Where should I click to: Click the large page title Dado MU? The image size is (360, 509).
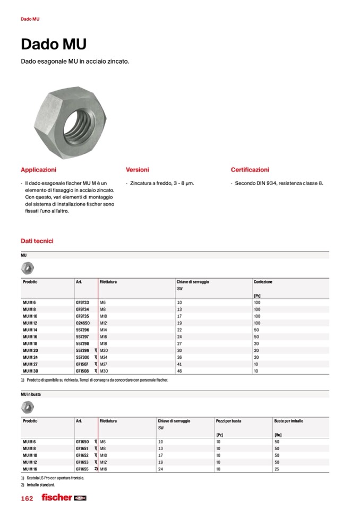(53, 44)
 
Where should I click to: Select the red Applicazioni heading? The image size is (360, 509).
(38, 170)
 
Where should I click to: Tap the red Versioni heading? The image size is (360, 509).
(137, 170)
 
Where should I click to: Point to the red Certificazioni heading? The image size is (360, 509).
(250, 170)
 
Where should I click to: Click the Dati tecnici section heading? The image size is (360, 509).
(37, 241)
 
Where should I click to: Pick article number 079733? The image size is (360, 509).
(82, 302)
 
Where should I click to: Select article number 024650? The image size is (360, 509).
(82, 323)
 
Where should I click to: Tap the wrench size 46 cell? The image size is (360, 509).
(179, 371)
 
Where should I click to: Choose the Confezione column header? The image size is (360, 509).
(263, 282)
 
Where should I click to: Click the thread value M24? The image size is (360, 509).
(104, 357)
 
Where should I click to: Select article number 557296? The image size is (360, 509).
(82, 330)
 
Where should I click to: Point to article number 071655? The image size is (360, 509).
(82, 469)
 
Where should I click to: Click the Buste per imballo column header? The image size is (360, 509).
(288, 421)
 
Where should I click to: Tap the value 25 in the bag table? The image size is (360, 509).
(277, 469)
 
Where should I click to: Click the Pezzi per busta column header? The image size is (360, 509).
(228, 421)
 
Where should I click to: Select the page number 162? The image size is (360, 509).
(27, 498)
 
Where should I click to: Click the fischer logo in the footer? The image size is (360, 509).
(57, 498)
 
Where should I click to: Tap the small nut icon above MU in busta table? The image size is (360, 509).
(27, 407)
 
